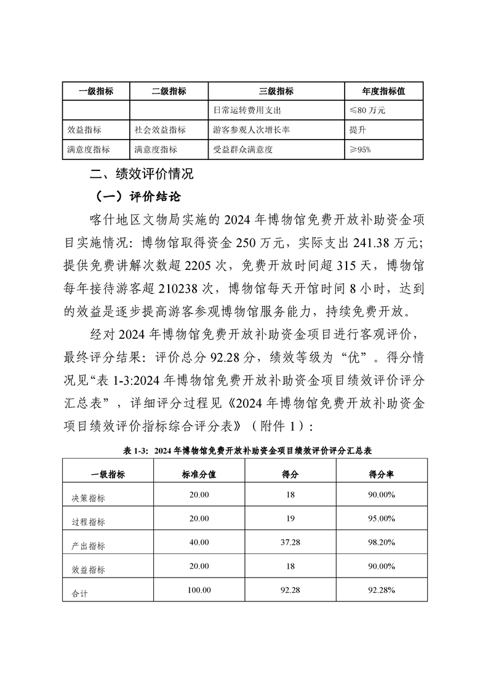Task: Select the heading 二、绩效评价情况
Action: pos(142,174)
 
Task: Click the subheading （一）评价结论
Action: pos(137,197)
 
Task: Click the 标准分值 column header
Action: pos(199,473)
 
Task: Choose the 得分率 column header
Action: pos(382,473)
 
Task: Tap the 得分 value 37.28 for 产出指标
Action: pos(290,542)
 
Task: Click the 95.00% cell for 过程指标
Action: pos(382,518)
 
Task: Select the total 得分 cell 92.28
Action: pos(290,590)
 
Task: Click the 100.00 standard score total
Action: pos(199,590)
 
